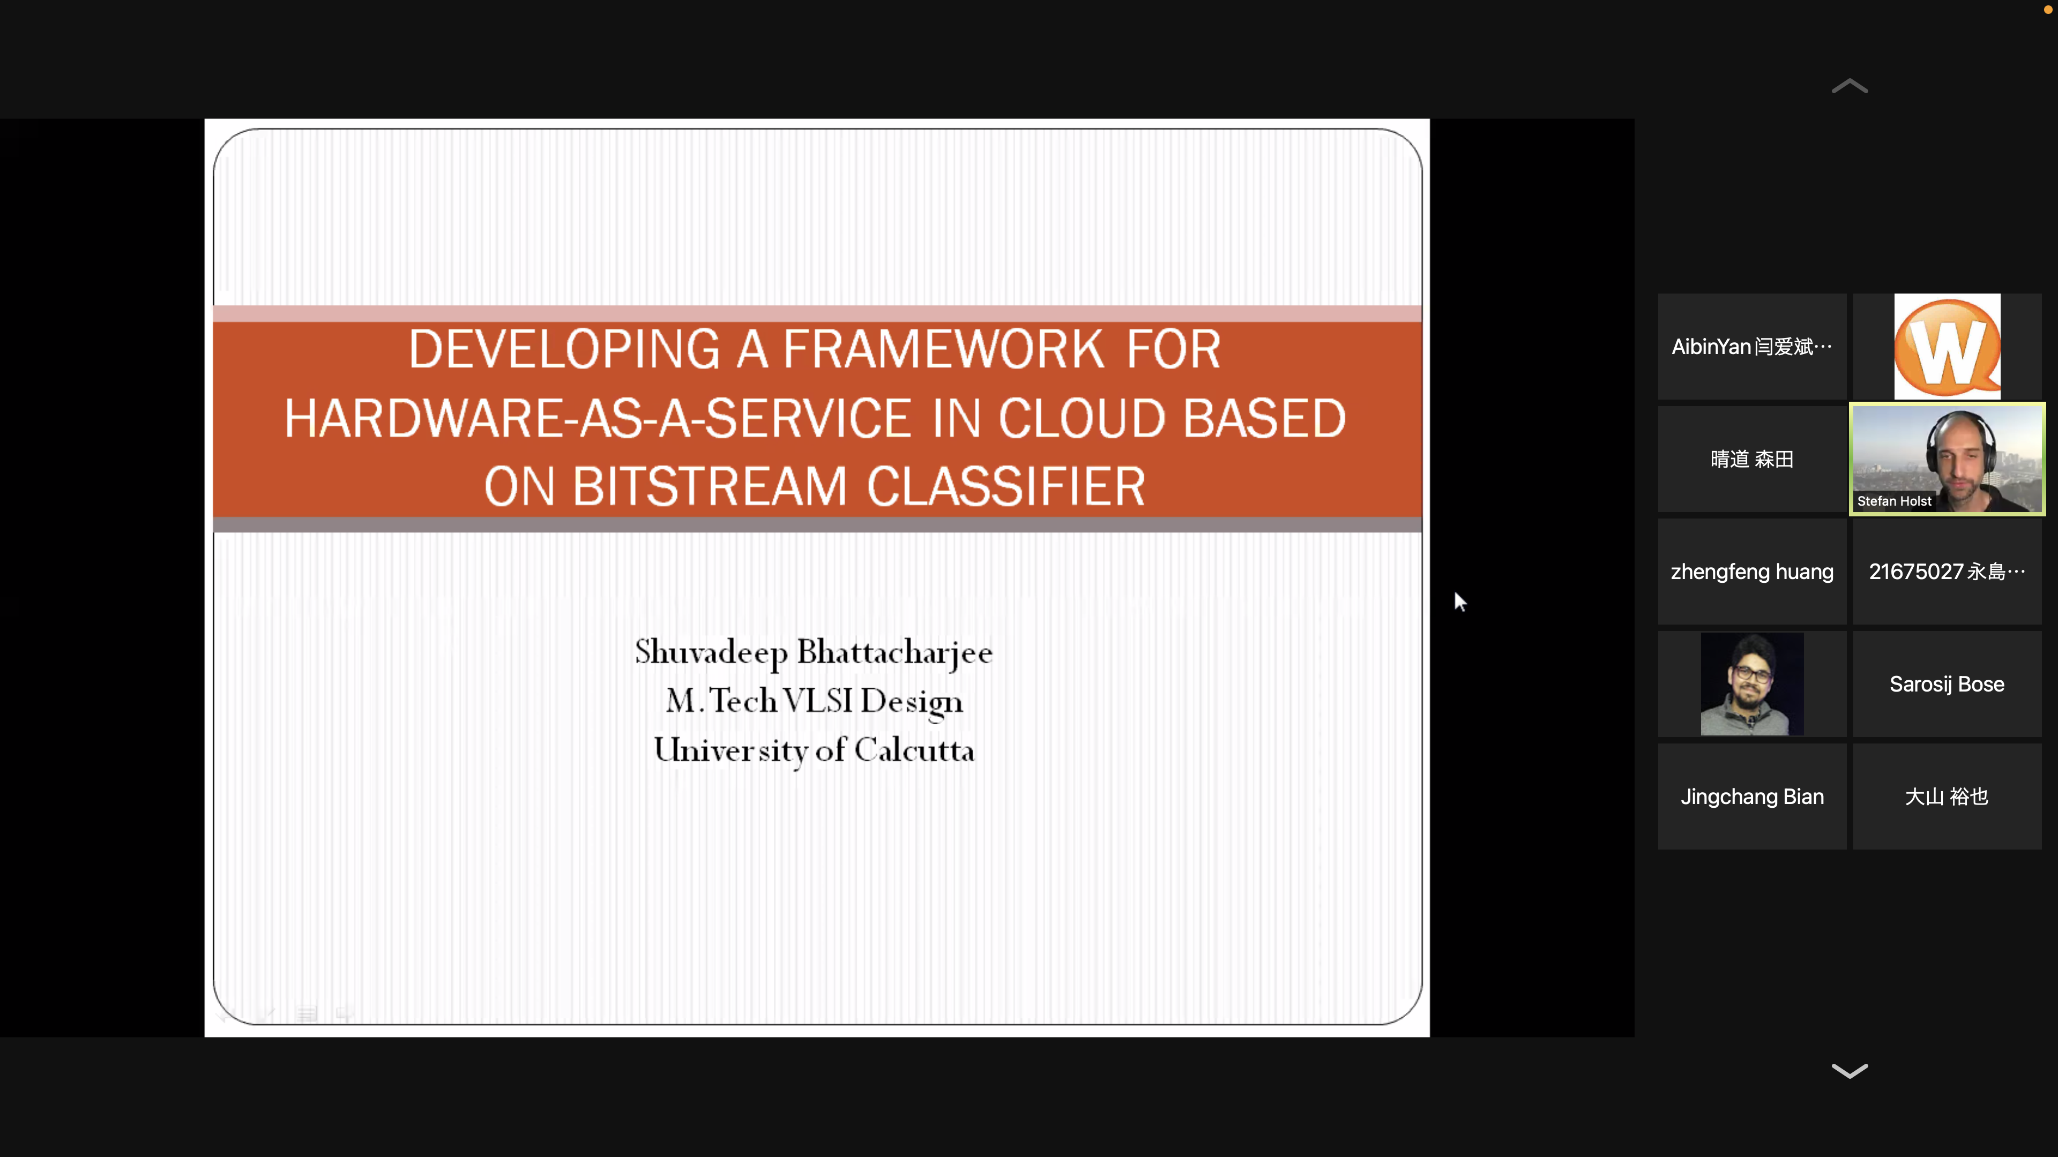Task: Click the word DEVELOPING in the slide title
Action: pyautogui.click(x=563, y=350)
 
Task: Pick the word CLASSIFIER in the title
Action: pyautogui.click(x=1006, y=487)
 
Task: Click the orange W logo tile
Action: pyautogui.click(x=1947, y=347)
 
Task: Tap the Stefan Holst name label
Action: pyautogui.click(x=1893, y=501)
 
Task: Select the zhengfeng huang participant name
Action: pyautogui.click(x=1752, y=572)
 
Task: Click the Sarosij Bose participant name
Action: pyautogui.click(x=1947, y=685)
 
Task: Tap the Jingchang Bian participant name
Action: pyautogui.click(x=1752, y=797)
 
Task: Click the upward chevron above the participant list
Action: pyautogui.click(x=1850, y=86)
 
